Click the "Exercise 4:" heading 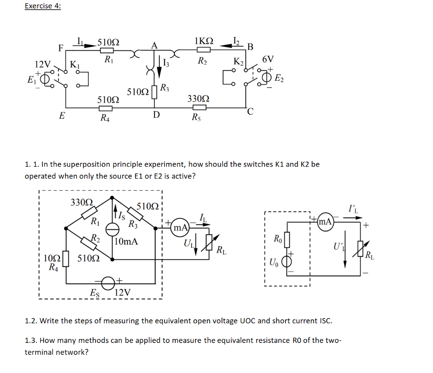pos(43,6)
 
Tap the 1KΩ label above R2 pos(204,41)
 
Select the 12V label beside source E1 pos(42,64)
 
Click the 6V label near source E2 pos(268,59)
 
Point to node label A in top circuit pos(154,46)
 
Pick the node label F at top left pos(61,48)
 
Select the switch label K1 pos(74,65)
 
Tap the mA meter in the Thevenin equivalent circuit pos(326,221)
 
